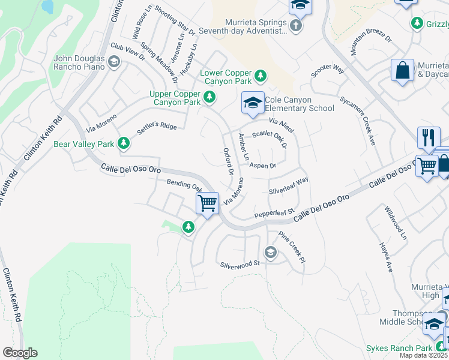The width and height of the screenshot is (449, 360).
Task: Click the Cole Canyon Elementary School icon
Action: click(x=253, y=103)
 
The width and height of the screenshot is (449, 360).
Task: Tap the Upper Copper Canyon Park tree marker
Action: click(x=209, y=97)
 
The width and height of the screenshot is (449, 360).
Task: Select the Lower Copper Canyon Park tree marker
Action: click(x=260, y=76)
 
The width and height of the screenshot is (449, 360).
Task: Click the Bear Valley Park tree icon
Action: click(x=123, y=143)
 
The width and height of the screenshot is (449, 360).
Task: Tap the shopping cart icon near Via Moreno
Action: click(x=207, y=203)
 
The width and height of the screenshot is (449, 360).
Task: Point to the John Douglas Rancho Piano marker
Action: click(x=114, y=61)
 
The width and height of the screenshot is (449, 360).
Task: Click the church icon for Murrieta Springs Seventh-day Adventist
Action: click(x=295, y=25)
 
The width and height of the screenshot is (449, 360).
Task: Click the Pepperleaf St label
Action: click(x=273, y=212)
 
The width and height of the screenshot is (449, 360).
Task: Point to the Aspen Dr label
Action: click(x=262, y=166)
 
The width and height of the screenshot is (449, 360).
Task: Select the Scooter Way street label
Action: click(x=327, y=70)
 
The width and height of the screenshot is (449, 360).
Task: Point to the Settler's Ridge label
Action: click(x=158, y=127)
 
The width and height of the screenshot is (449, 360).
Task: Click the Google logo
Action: click(x=20, y=353)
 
